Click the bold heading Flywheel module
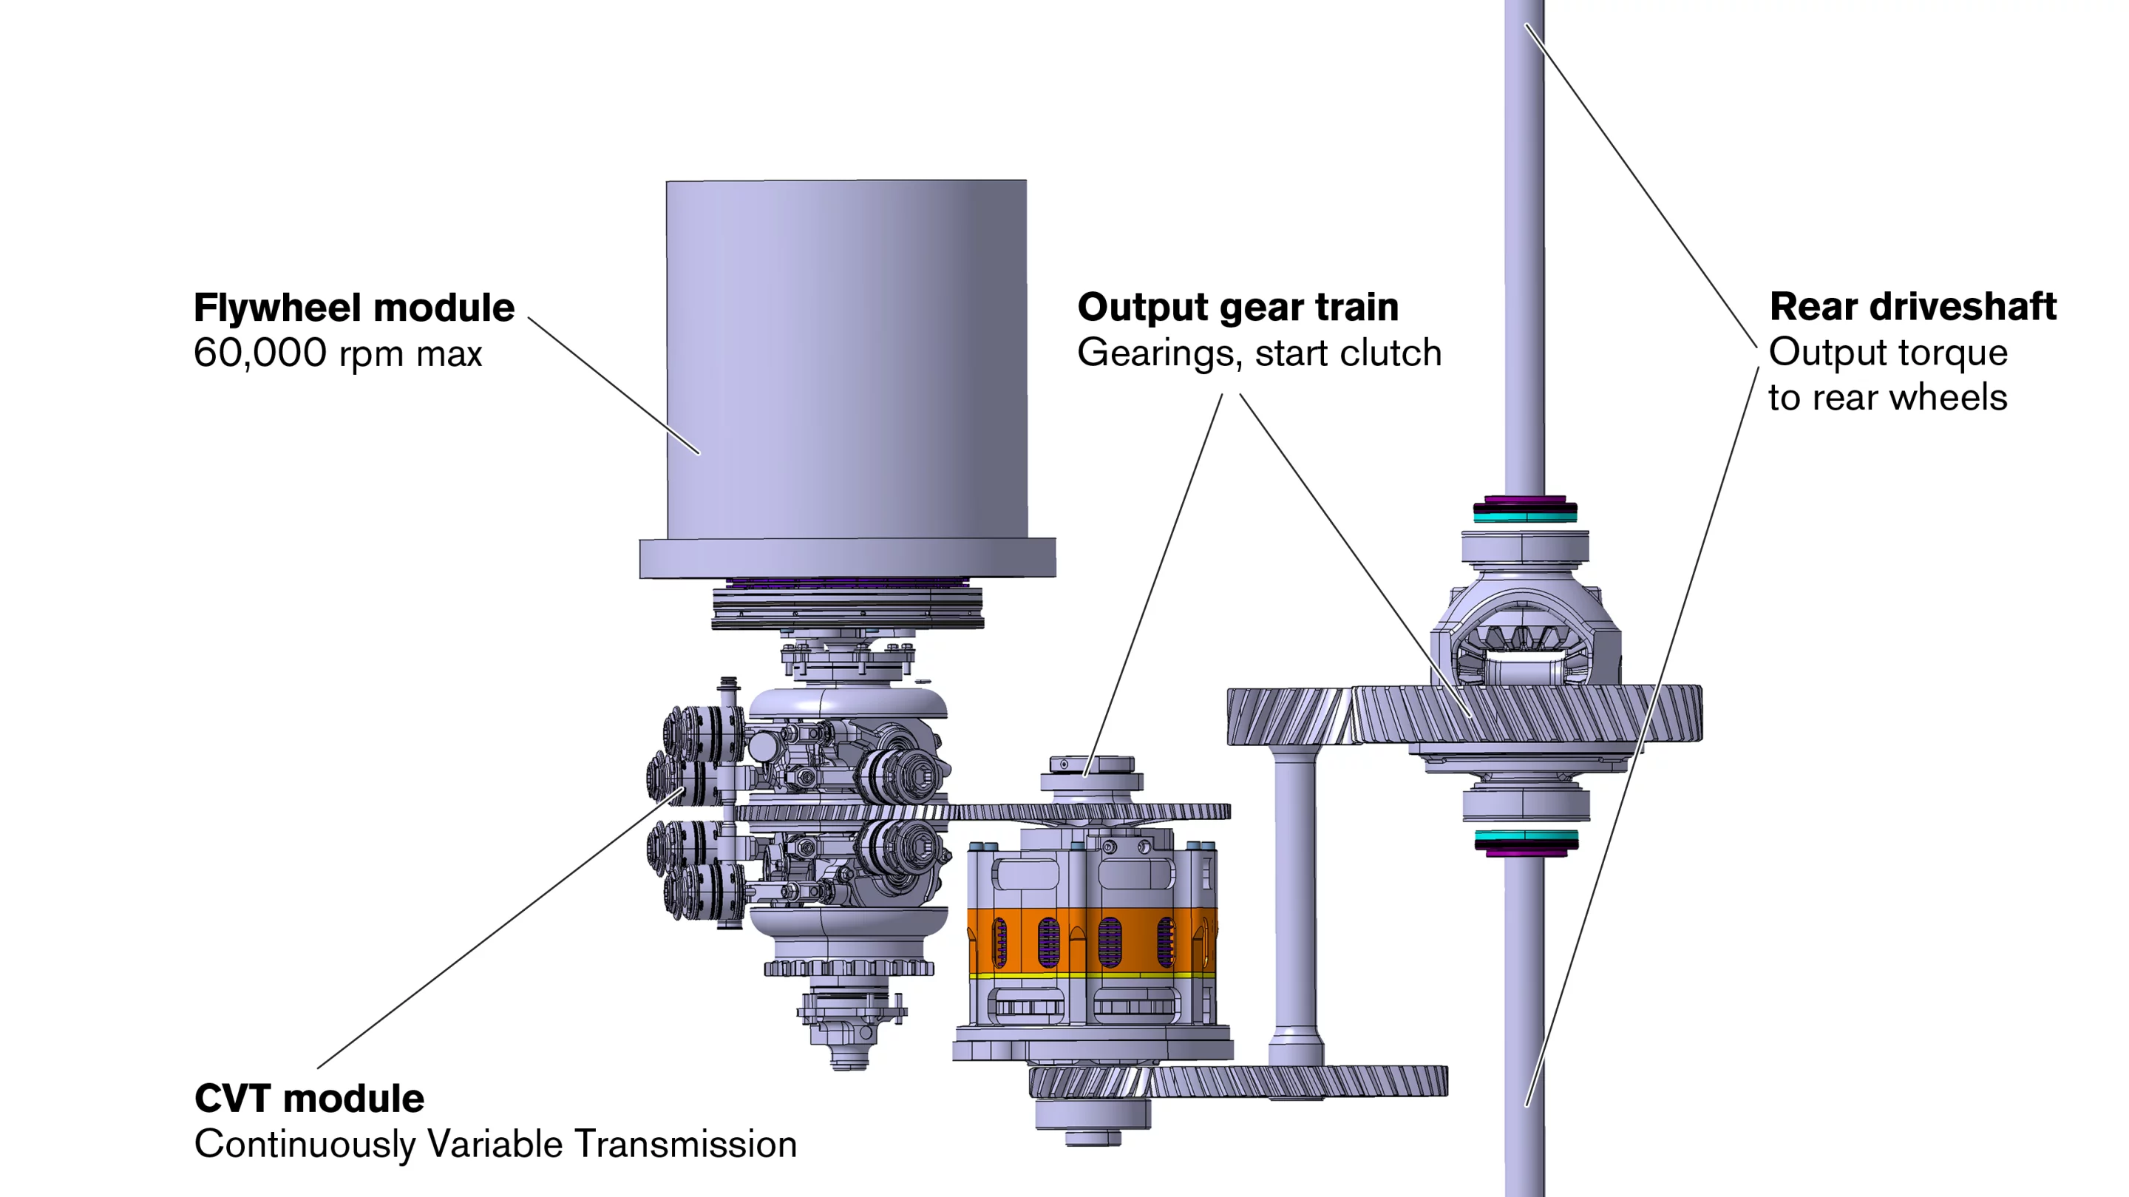[x=354, y=308]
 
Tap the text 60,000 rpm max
[x=337, y=354]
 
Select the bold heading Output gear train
[x=1237, y=308]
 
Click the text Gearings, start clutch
[x=1259, y=354]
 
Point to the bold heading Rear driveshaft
[x=1912, y=307]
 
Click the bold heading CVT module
[x=309, y=1099]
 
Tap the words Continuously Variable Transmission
[x=495, y=1145]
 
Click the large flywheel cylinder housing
[x=846, y=356]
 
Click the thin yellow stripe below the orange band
[x=1091, y=976]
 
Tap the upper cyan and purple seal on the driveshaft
[x=1525, y=510]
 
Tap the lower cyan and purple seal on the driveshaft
[x=1526, y=842]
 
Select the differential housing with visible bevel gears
[x=1525, y=637]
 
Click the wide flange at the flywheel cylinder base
[x=847, y=557]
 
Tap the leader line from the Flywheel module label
[x=614, y=385]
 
